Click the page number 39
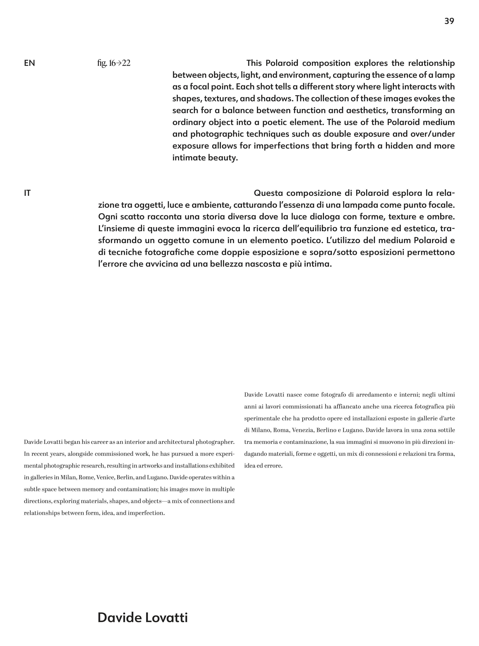(449, 21)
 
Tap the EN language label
(29, 63)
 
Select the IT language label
(27, 193)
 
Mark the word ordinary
(188, 122)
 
